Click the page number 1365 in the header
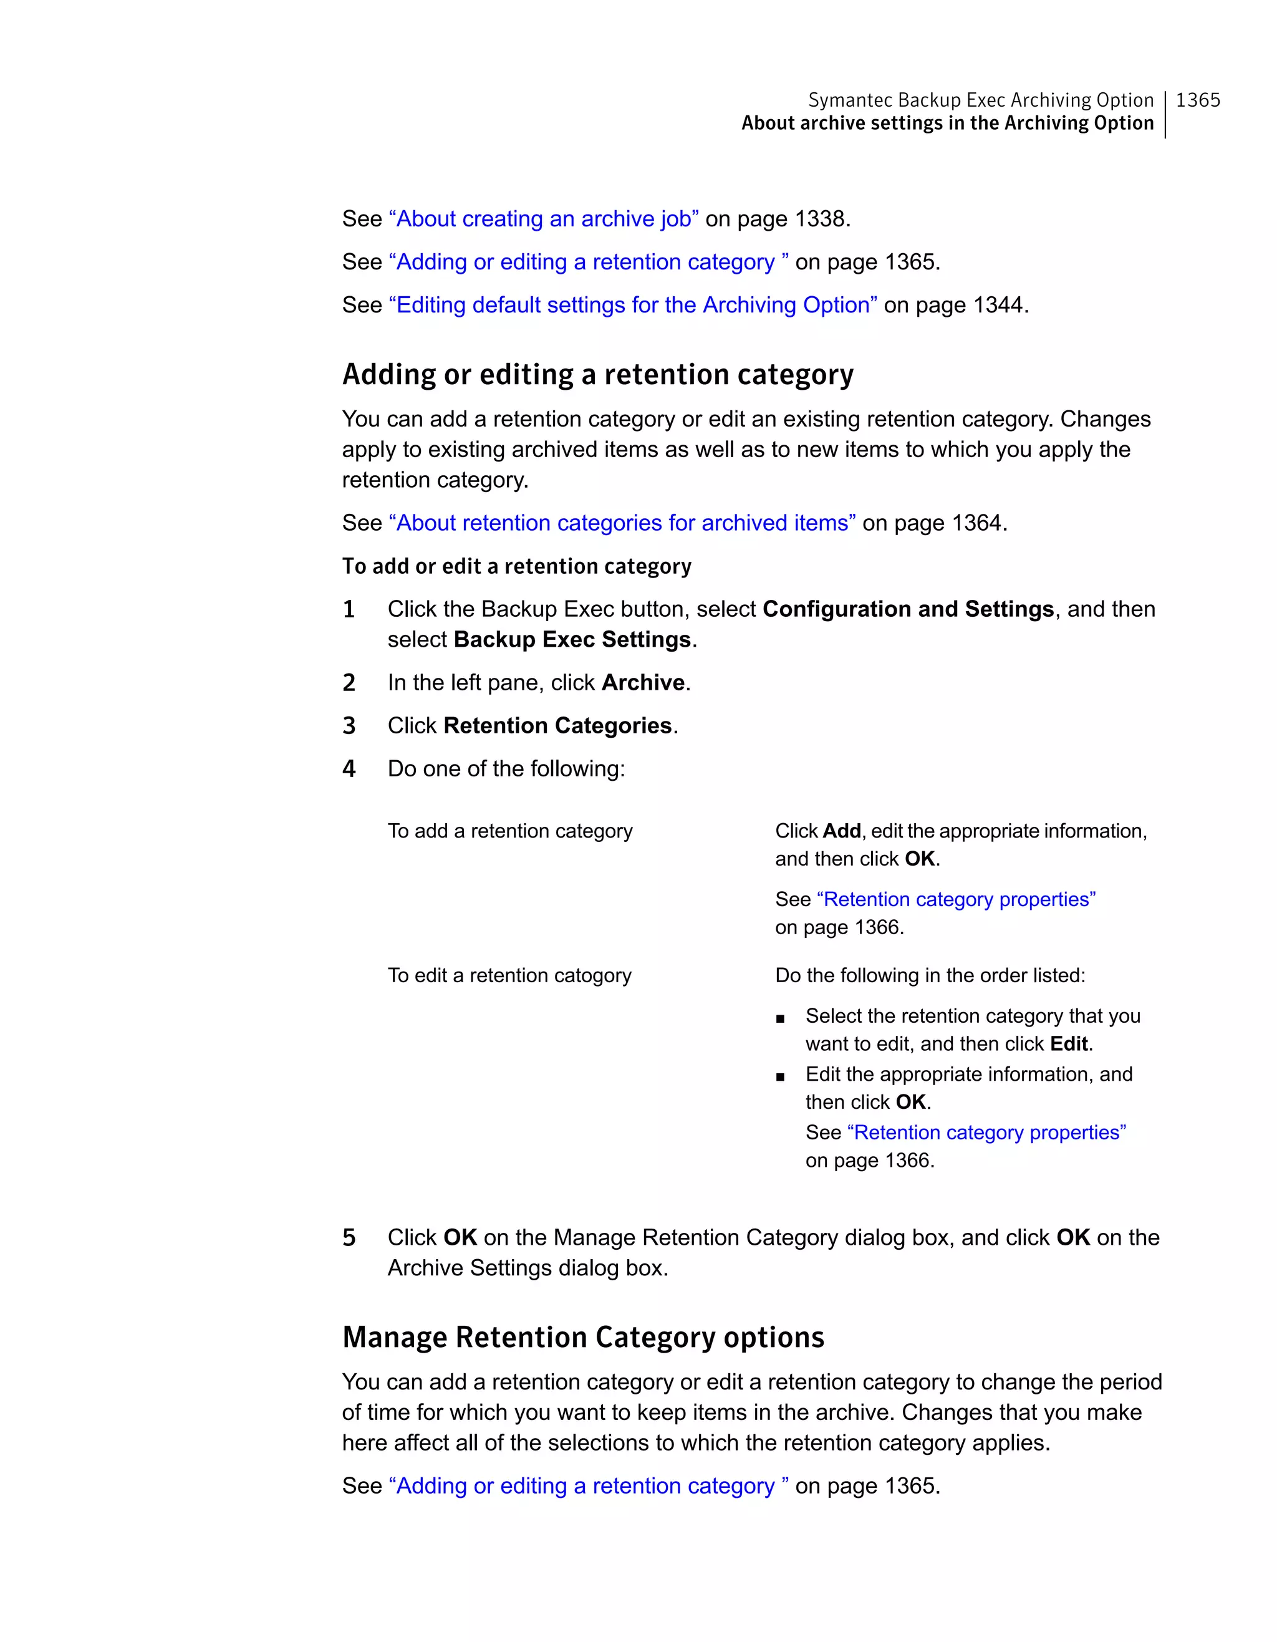click(x=1197, y=100)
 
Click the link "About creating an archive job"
click(x=544, y=219)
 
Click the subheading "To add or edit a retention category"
click(x=516, y=566)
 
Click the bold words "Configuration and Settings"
click(x=908, y=609)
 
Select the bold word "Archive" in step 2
click(x=643, y=683)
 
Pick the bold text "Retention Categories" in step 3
click(x=557, y=725)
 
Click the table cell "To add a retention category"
click(x=509, y=831)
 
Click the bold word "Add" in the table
click(x=841, y=831)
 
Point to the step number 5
click(x=349, y=1237)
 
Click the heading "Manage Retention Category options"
click(x=583, y=1338)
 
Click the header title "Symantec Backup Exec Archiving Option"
click(x=980, y=100)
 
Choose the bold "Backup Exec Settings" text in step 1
click(x=572, y=640)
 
